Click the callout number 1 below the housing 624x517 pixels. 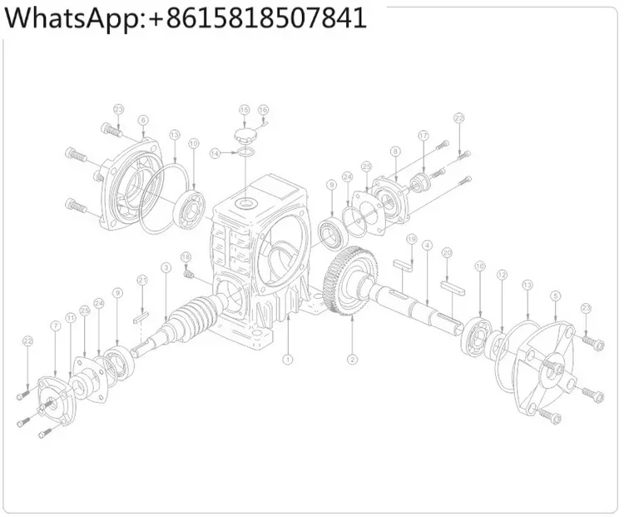point(288,360)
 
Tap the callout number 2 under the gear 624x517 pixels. point(352,360)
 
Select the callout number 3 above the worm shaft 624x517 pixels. point(166,267)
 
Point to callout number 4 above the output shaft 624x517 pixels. point(426,246)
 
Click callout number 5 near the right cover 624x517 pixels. point(555,295)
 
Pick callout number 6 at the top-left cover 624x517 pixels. point(143,121)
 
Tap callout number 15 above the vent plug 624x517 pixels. point(244,110)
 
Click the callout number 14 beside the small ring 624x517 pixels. point(215,153)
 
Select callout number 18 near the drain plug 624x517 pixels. point(186,256)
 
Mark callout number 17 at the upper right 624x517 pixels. point(423,135)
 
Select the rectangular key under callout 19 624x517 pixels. point(408,265)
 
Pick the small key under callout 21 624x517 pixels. point(141,316)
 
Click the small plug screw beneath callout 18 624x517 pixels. point(188,273)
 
